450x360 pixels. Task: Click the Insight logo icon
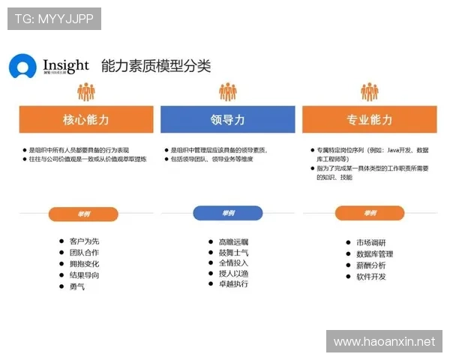click(22, 67)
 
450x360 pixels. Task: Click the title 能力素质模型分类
click(156, 66)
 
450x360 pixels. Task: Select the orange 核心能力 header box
click(86, 119)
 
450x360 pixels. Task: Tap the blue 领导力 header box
click(228, 119)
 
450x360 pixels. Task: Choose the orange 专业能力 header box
click(369, 119)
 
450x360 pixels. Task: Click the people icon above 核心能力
click(86, 91)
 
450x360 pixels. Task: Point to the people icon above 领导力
click(228, 91)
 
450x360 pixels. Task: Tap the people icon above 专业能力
click(369, 91)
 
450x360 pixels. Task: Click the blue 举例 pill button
click(228, 213)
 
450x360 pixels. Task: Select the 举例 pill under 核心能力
click(83, 214)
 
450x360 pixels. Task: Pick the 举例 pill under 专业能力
click(369, 213)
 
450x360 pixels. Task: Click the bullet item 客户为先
click(84, 241)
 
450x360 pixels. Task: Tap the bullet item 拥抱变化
click(84, 264)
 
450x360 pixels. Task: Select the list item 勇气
click(77, 286)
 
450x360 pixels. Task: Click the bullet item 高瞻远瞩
click(233, 241)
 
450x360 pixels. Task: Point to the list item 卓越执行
click(233, 284)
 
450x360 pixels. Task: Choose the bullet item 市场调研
click(370, 242)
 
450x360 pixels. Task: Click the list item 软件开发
click(370, 277)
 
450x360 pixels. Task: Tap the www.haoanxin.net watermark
click(384, 342)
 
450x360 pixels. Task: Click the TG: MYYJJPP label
click(54, 19)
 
